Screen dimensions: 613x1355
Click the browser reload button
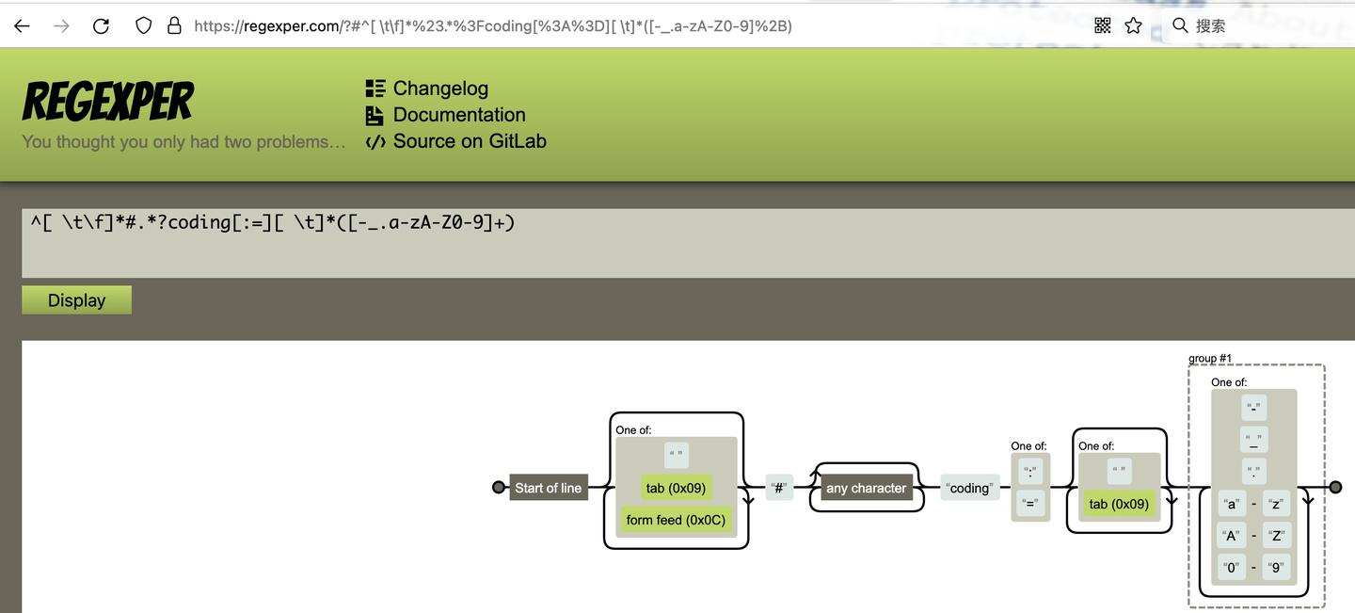pos(102,26)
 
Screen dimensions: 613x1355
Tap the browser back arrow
pos(22,26)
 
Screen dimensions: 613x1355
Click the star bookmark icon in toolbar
pos(1133,26)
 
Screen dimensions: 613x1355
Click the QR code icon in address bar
pos(1103,26)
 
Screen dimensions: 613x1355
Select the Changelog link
pos(440,89)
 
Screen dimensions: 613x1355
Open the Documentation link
pos(458,115)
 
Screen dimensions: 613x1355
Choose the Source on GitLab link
pos(469,141)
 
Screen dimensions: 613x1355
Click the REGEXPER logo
pos(108,102)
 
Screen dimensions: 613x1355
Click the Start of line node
pos(549,488)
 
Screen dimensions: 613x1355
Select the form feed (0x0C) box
pos(676,520)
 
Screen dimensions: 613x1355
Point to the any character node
pos(866,488)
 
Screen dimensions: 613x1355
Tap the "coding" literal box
pos(969,488)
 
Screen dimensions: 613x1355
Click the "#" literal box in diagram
pos(779,488)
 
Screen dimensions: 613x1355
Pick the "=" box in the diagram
pos(1030,504)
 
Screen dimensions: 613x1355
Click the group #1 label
pos(1210,359)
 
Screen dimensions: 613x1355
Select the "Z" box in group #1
pos(1276,536)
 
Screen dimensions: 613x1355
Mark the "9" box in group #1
pos(1276,568)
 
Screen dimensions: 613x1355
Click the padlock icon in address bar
pos(174,26)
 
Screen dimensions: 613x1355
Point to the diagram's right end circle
pos(1334,487)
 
